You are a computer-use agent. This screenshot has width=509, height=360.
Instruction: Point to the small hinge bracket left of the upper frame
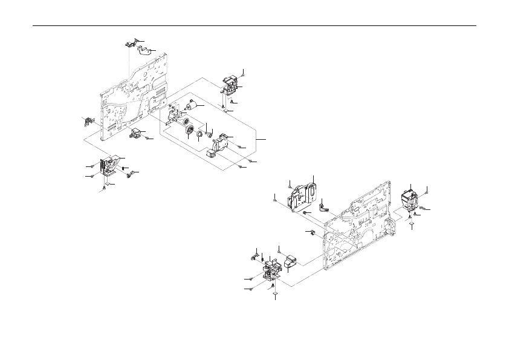pyautogui.click(x=86, y=121)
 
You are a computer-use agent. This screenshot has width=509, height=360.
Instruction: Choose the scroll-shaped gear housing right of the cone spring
pyautogui.click(x=221, y=143)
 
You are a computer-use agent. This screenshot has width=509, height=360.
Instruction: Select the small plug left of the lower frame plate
pyautogui.click(x=313, y=233)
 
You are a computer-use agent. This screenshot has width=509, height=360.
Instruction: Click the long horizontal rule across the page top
pyautogui.click(x=254, y=26)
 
